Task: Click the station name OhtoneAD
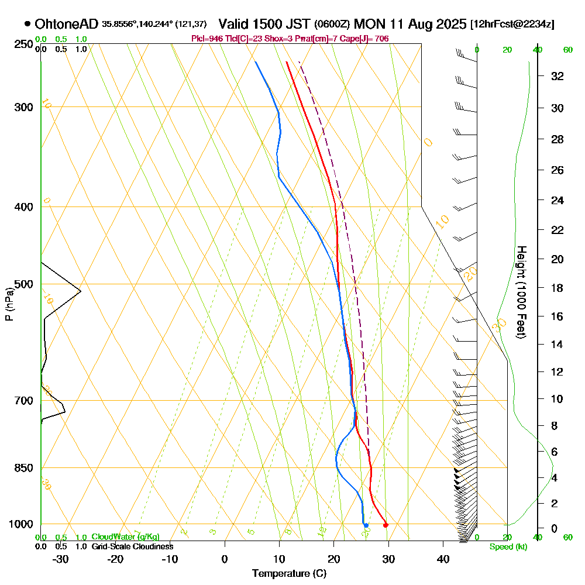66,24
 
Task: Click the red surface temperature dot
385,525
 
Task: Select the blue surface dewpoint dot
366,525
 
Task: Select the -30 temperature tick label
61,559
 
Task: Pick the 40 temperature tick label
442,559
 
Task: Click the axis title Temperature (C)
289,574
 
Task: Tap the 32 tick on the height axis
558,76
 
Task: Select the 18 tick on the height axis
558,288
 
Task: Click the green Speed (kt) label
507,547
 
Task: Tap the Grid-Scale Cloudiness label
132,546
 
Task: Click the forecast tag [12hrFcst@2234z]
512,25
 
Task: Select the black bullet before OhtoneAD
27,24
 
